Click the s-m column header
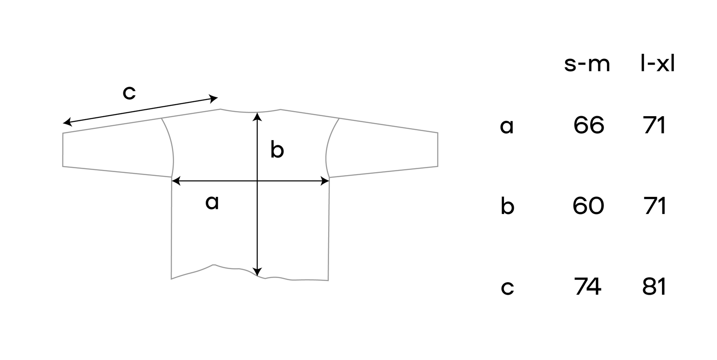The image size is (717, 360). (x=587, y=64)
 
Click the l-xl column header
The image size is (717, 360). (x=658, y=64)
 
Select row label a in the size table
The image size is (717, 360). (x=507, y=126)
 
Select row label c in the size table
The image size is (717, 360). (x=507, y=287)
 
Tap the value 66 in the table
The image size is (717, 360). (x=589, y=125)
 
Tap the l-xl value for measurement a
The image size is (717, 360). (x=654, y=125)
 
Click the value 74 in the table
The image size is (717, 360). (x=588, y=286)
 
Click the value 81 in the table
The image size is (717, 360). (x=654, y=286)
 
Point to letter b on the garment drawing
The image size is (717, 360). (x=277, y=150)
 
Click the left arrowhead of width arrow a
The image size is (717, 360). (x=175, y=181)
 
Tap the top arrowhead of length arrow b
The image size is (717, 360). (x=257, y=116)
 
